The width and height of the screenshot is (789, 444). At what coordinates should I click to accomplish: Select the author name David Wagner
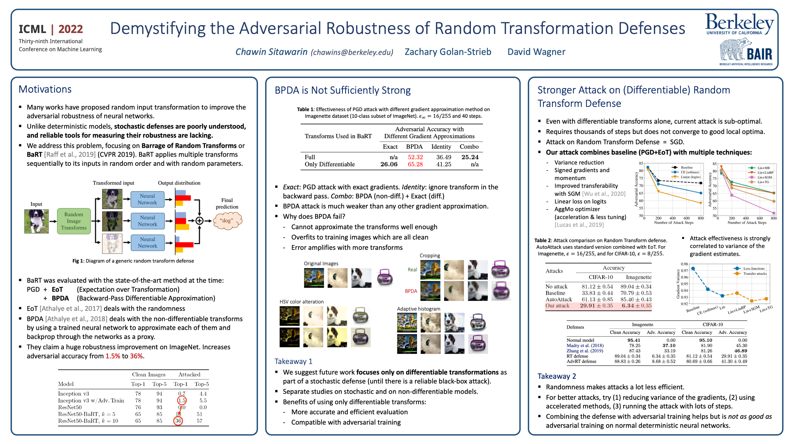(x=536, y=52)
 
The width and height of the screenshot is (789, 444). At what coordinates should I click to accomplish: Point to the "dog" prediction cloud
(x=227, y=221)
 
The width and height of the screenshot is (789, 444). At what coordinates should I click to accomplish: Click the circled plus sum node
(x=199, y=221)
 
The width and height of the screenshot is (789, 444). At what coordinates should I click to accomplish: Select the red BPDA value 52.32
(x=415, y=157)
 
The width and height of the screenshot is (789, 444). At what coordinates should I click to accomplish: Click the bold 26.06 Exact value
(x=389, y=164)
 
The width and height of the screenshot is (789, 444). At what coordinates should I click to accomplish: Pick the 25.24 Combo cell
(x=470, y=157)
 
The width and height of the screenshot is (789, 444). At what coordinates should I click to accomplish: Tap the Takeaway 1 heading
(x=293, y=361)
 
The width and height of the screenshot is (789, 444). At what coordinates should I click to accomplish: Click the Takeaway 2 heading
(x=556, y=376)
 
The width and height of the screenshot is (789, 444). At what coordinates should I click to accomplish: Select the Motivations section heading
(x=45, y=89)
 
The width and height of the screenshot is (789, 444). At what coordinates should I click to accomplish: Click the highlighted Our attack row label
(x=557, y=306)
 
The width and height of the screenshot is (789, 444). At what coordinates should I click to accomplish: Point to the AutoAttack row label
(x=558, y=299)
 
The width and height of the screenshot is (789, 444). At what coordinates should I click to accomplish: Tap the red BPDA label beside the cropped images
(x=411, y=291)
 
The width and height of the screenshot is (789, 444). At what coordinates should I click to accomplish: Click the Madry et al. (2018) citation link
(x=585, y=345)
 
